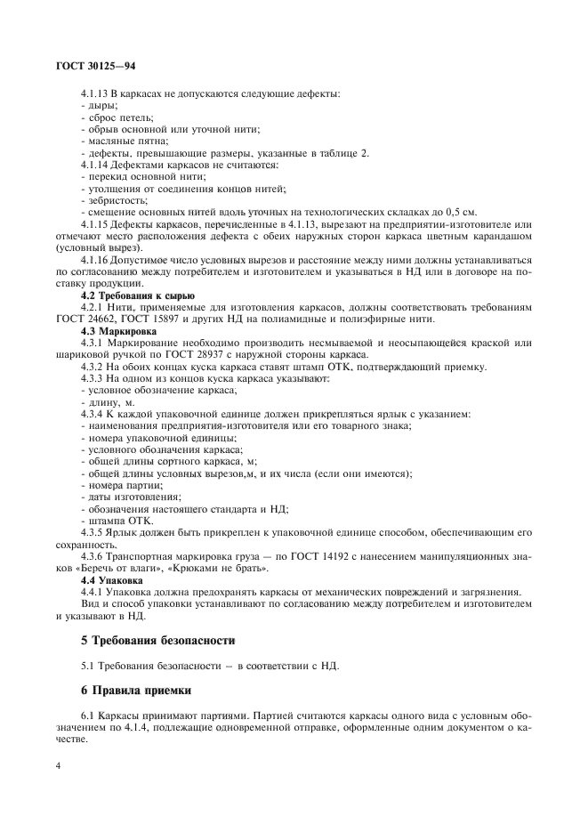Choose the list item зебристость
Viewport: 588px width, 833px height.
114,200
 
